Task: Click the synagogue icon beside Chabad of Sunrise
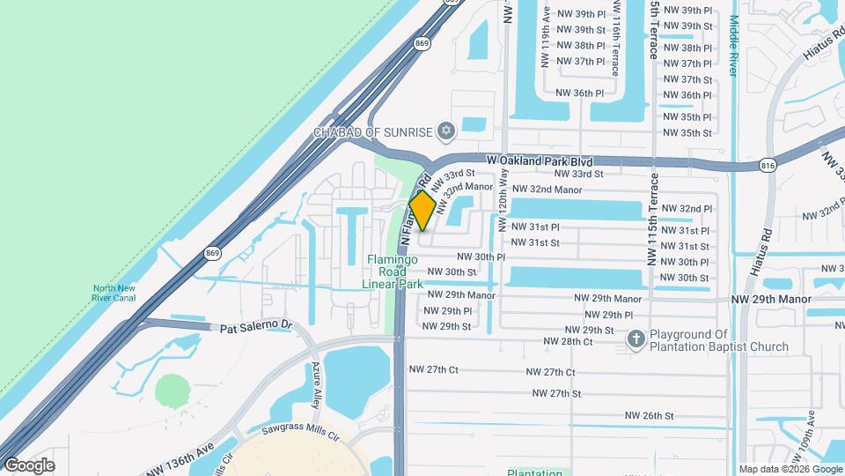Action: (x=445, y=132)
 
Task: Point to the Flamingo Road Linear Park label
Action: (x=393, y=271)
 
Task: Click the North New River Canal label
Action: (x=116, y=292)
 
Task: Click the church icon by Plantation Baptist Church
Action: (x=636, y=338)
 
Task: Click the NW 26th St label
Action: (x=649, y=415)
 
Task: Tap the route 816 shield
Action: (x=768, y=165)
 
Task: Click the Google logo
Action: (x=30, y=465)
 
